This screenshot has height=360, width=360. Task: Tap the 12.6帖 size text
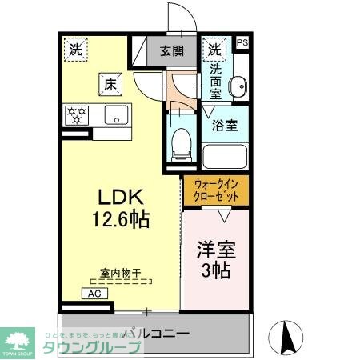120,218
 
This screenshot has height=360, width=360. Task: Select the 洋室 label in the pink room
215,249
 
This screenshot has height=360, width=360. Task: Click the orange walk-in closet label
216,192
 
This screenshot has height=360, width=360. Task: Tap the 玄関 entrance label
171,50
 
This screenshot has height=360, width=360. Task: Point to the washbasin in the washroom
237,87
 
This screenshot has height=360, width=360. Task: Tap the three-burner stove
78,114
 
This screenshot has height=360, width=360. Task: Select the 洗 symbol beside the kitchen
74,49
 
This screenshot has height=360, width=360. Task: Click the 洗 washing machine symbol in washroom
215,49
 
